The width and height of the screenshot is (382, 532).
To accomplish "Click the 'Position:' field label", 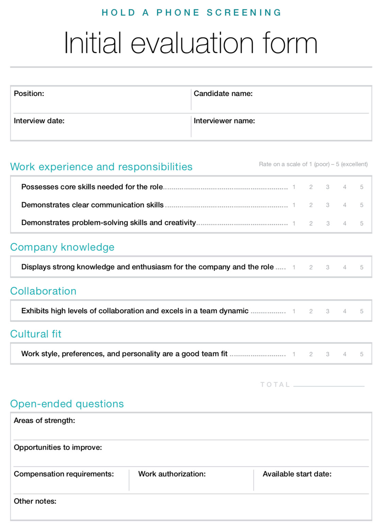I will pyautogui.click(x=29, y=94).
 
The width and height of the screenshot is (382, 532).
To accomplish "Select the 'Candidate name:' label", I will pyautogui.click(x=223, y=94).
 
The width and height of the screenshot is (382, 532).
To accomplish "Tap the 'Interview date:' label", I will pyautogui.click(x=39, y=121).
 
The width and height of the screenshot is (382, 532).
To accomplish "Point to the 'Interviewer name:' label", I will pyautogui.click(x=224, y=121).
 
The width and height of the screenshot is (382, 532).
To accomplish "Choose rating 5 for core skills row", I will pyautogui.click(x=362, y=187).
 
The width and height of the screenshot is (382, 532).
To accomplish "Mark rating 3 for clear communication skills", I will pyautogui.click(x=328, y=205).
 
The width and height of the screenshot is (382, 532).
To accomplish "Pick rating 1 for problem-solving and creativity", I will pyautogui.click(x=294, y=223).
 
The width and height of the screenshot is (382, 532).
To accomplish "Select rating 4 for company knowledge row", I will pyautogui.click(x=345, y=267).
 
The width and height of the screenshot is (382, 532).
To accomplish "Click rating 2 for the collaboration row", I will pyautogui.click(x=311, y=311).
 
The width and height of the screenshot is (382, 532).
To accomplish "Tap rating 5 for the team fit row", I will pyautogui.click(x=362, y=354).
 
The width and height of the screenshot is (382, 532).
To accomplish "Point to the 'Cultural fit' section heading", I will pyautogui.click(x=36, y=334).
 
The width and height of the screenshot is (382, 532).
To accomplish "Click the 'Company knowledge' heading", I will pyautogui.click(x=62, y=247).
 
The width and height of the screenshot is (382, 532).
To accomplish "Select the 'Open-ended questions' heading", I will pyautogui.click(x=67, y=404).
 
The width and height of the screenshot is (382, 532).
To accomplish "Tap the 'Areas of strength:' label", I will pyautogui.click(x=44, y=421).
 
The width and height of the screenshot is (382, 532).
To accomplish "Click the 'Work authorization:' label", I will pyautogui.click(x=172, y=474).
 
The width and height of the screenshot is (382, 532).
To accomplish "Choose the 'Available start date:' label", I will pyautogui.click(x=297, y=474).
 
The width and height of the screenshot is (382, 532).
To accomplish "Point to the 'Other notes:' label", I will pyautogui.click(x=35, y=501).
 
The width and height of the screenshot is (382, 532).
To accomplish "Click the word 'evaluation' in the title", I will pyautogui.click(x=192, y=43).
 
